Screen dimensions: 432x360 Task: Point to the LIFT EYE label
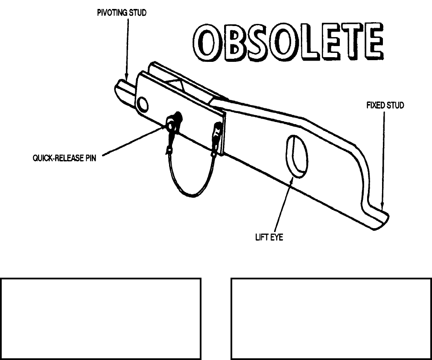tap(269, 237)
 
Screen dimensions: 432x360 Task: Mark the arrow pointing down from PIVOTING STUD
tap(126, 47)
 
